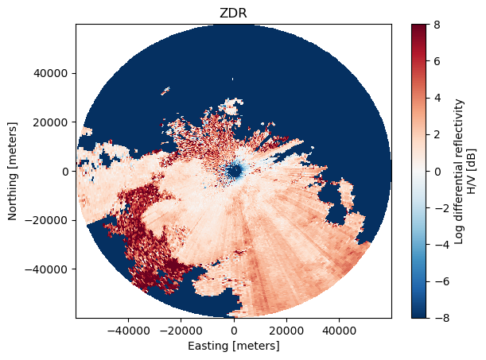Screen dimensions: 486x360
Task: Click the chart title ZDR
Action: (233, 14)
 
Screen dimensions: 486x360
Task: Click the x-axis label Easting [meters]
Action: (234, 346)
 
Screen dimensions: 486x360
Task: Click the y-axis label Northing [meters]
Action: (13, 171)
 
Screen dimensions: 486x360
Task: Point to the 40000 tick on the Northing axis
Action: (50, 74)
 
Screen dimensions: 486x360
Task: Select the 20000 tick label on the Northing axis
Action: (50, 122)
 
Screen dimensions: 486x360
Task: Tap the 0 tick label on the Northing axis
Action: (65, 172)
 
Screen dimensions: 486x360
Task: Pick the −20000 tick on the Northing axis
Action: (46, 220)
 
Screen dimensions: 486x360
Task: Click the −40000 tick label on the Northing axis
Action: (46, 269)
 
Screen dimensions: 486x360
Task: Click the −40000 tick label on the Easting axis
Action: (128, 331)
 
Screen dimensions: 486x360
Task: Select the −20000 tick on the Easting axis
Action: (181, 331)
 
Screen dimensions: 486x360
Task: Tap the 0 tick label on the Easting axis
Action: (234, 331)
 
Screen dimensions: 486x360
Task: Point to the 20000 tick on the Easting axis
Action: (286, 331)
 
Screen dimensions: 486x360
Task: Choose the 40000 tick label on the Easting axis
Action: (339, 331)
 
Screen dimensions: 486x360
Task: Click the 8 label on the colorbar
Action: (437, 25)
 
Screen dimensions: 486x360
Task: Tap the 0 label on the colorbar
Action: (437, 172)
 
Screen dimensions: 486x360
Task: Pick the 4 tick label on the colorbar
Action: (437, 98)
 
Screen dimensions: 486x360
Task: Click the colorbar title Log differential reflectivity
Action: (460, 172)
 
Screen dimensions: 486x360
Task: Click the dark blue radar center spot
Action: (234, 171)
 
